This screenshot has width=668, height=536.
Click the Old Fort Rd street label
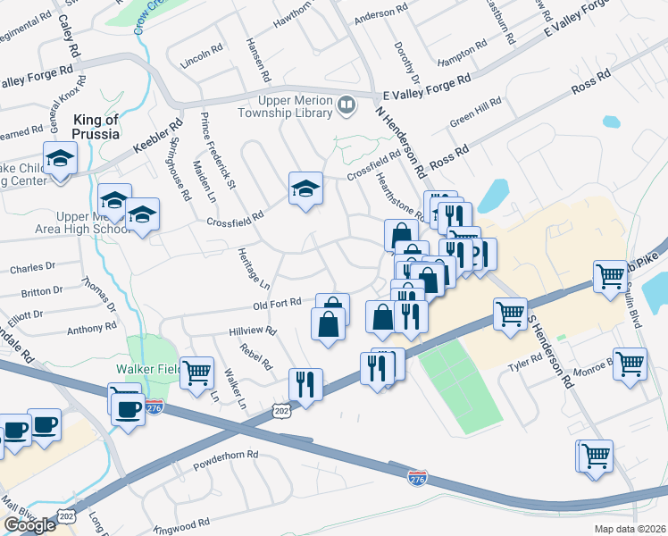[x=278, y=306]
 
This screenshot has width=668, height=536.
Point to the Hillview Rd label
[x=253, y=330]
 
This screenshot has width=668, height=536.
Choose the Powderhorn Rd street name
[x=225, y=454]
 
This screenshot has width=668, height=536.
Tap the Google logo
[x=29, y=525]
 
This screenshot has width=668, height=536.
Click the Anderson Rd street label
[x=380, y=17]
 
